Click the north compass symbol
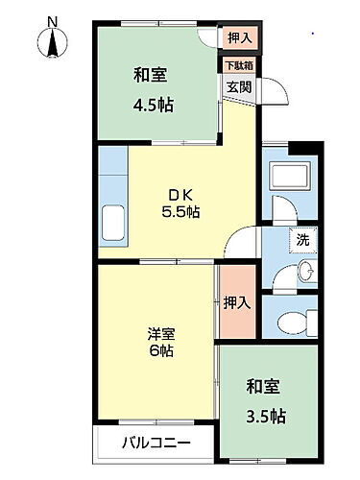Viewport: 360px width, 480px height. [52, 42]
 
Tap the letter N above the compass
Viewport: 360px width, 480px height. [52, 20]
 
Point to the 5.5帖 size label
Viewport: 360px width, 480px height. [180, 211]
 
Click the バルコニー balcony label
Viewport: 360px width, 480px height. [156, 444]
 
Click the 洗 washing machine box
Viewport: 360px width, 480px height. [301, 239]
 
